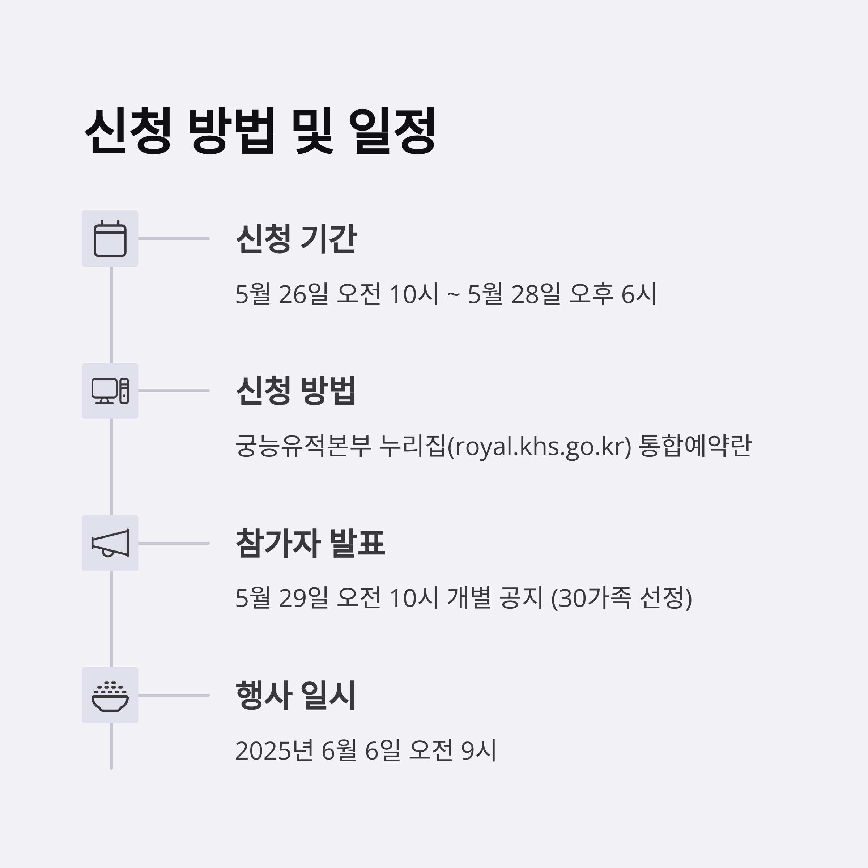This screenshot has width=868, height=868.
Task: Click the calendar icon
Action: click(x=110, y=239)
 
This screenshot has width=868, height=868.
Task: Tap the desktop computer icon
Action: click(x=110, y=391)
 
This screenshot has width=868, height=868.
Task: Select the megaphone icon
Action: click(x=110, y=543)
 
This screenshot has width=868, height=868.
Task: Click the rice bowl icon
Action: click(x=110, y=695)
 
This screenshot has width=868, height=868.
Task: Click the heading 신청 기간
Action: click(x=296, y=239)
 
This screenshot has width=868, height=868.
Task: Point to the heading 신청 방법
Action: click(x=296, y=391)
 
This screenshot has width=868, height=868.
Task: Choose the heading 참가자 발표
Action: click(x=310, y=543)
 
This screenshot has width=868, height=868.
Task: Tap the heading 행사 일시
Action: click(x=296, y=695)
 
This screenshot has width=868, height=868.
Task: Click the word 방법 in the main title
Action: click(x=230, y=131)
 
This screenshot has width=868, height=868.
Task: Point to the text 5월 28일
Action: click(x=514, y=294)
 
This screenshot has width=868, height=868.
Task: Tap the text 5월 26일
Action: click(x=282, y=294)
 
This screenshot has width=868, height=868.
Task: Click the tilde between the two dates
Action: click(x=453, y=295)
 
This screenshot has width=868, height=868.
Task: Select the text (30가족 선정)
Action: click(x=621, y=598)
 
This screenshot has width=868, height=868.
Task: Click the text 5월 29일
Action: click(x=282, y=598)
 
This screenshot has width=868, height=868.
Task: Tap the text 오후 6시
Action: click(x=612, y=294)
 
